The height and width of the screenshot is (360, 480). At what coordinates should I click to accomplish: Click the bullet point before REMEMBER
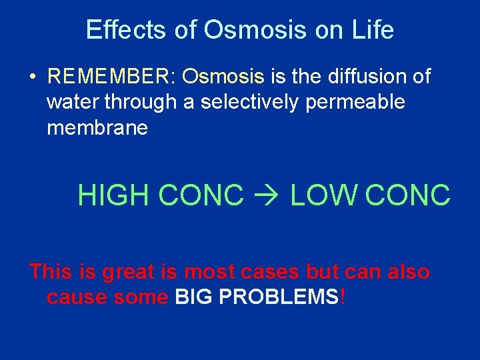pyautogui.click(x=32, y=77)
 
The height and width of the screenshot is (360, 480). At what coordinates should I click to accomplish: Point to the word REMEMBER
pyautogui.click(x=109, y=77)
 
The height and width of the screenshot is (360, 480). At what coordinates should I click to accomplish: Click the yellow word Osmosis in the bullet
pyautogui.click(x=223, y=77)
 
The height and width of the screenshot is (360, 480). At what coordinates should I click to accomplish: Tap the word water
pyautogui.click(x=72, y=103)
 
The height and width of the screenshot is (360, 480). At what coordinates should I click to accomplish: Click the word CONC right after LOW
pyautogui.click(x=408, y=195)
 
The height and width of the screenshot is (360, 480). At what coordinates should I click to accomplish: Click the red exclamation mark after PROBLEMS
pyautogui.click(x=343, y=297)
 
